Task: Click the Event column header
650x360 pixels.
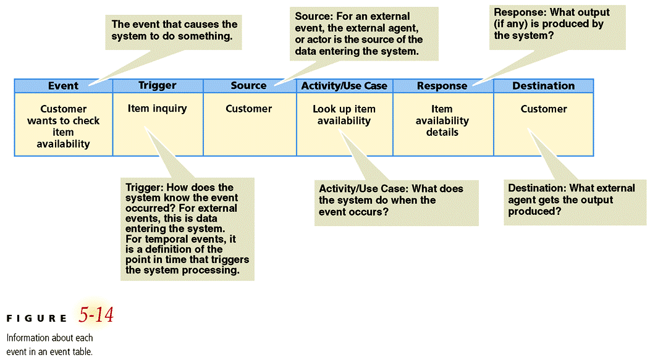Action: tap(63, 86)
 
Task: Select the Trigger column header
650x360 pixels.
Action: tap(158, 86)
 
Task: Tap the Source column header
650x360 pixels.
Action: tap(248, 86)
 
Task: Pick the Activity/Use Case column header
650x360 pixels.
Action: tap(344, 86)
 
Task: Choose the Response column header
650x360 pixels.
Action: tap(442, 86)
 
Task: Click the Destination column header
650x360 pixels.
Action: tap(543, 86)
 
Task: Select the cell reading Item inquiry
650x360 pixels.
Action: tap(157, 109)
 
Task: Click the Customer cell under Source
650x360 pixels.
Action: tap(248, 109)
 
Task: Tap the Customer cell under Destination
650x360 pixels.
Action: tap(543, 109)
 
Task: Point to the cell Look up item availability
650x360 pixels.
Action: tap(344, 115)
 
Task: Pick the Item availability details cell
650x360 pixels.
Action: tap(442, 120)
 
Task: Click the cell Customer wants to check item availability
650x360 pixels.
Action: tap(63, 126)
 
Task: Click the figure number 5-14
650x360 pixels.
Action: tap(96, 316)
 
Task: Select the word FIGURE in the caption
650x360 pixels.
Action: tap(37, 319)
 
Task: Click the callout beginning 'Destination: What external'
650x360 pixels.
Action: tap(571, 199)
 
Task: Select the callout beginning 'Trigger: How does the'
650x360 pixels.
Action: tap(187, 228)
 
